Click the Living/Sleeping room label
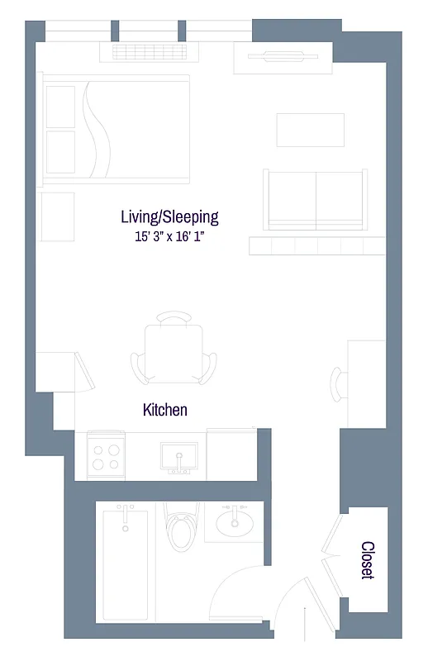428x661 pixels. pos(169,217)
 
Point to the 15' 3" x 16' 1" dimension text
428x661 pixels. pos(169,237)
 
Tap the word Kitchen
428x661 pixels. pos(165,410)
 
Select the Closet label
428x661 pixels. pos(368,560)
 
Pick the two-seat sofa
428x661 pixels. pos(315,199)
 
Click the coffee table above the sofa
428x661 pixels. pos(310,130)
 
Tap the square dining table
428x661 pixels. pos(174,352)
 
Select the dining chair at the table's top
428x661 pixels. pos(174,319)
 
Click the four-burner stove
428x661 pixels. pos(106,457)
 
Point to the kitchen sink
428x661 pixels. pos(178,455)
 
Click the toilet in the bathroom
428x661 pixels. pos(179,529)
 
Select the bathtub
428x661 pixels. pos(124,566)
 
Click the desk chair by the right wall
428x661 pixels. pos(340,383)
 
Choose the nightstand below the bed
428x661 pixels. pos(56,210)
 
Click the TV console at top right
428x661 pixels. pos(283,57)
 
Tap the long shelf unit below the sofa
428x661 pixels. pos(316,245)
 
